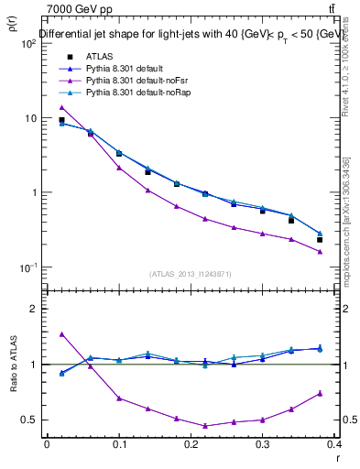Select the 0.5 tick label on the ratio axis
click(x=30, y=420)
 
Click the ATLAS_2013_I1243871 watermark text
click(x=191, y=274)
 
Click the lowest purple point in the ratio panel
click(x=205, y=426)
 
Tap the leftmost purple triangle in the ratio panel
click(x=61, y=334)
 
